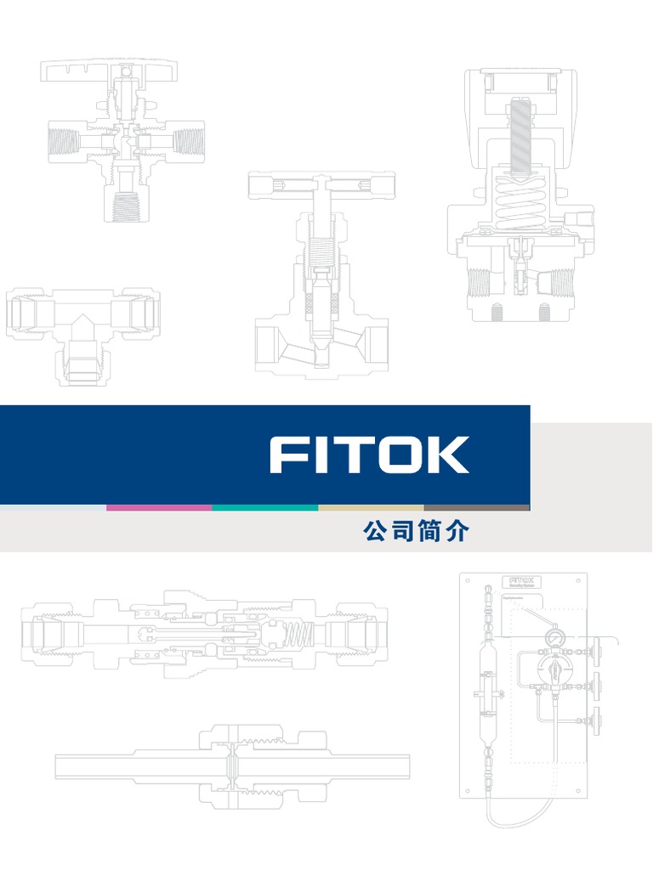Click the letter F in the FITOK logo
286,455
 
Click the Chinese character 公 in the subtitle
375,533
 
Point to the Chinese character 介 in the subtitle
457,533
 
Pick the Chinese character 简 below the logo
430,533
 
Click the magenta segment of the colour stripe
159,507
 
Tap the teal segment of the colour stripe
265,507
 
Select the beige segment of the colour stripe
371,507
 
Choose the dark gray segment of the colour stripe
476,507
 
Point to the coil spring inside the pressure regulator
520,204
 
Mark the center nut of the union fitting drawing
232,765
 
